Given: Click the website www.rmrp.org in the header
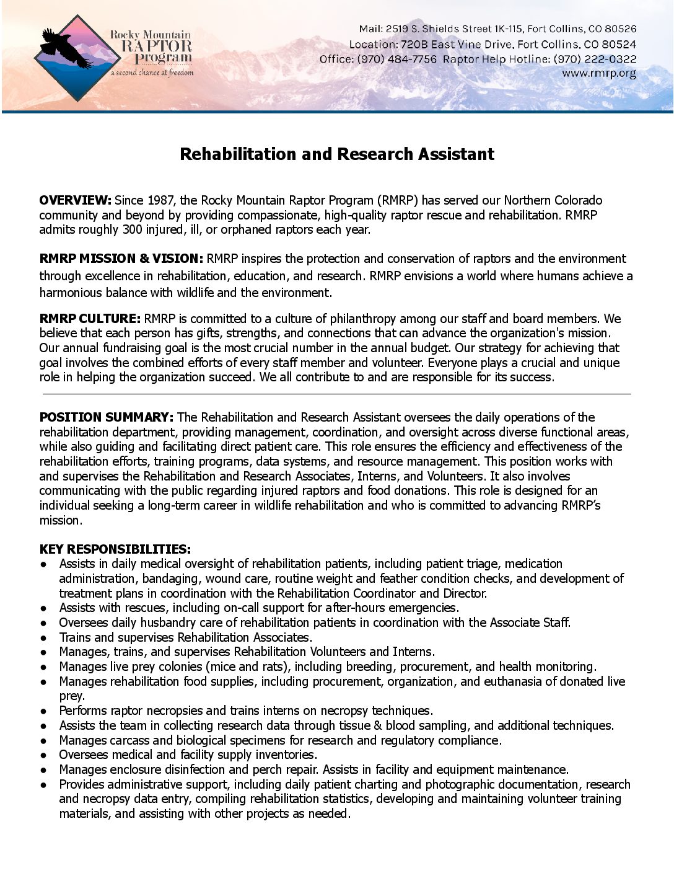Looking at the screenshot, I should (x=598, y=74).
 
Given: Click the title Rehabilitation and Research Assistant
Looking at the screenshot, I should (x=337, y=154).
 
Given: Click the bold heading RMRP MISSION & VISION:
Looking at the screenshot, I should (x=121, y=259).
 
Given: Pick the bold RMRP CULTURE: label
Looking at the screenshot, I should (x=90, y=319).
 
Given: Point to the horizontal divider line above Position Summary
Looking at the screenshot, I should (x=337, y=394).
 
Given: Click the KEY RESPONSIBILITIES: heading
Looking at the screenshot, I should (x=115, y=549).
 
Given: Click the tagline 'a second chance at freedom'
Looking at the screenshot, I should (x=152, y=73).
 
